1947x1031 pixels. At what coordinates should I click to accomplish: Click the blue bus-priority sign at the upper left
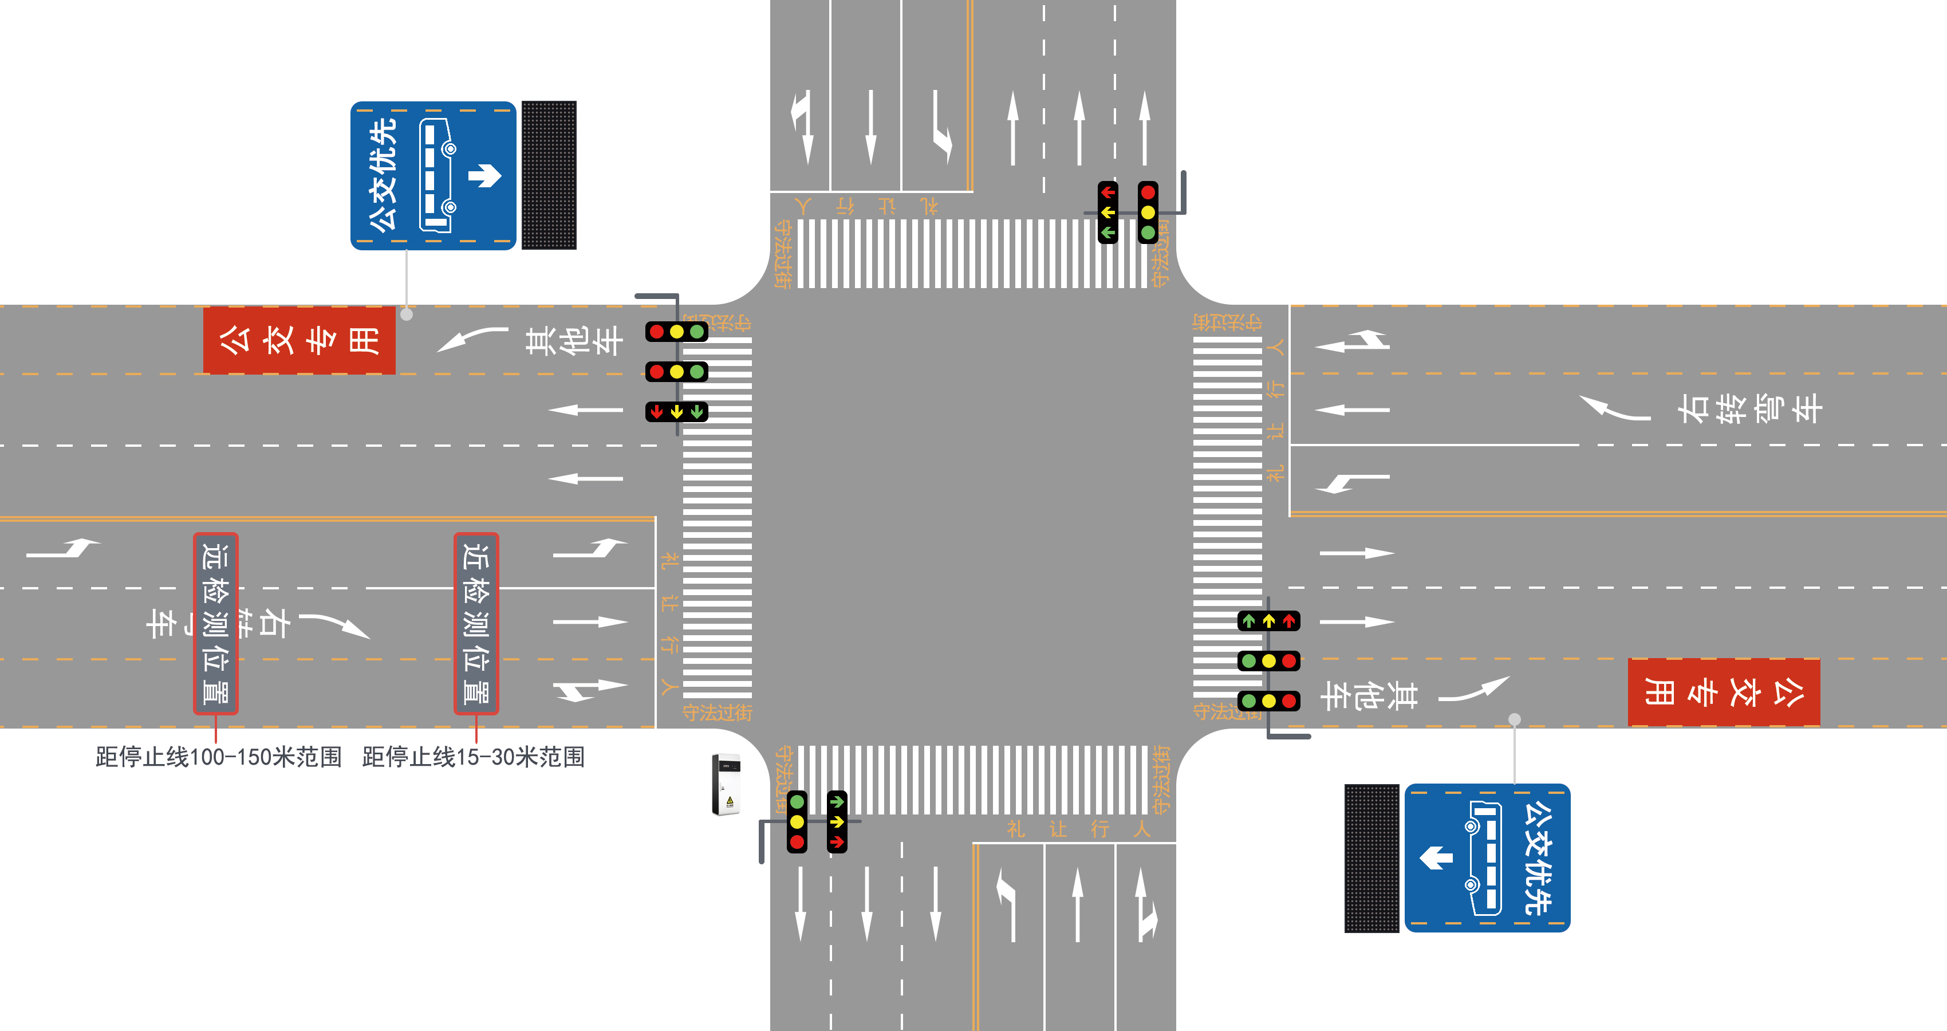point(433,175)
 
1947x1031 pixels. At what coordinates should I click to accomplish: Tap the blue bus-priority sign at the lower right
point(1487,858)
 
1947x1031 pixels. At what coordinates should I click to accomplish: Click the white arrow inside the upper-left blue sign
point(485,175)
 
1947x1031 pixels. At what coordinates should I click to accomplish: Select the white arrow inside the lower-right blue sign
point(1436,858)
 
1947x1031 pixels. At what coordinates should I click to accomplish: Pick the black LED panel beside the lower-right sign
point(1371,858)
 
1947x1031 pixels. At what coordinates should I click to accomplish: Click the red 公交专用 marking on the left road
point(299,340)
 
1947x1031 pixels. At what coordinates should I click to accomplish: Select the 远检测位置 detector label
point(216,624)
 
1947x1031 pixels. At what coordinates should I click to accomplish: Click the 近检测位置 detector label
point(476,624)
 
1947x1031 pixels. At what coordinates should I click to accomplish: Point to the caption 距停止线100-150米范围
point(218,757)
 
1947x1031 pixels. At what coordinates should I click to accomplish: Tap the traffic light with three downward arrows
point(676,412)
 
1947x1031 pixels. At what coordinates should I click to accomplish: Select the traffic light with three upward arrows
point(1268,620)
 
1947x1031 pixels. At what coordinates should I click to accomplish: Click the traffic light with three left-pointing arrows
point(1107,213)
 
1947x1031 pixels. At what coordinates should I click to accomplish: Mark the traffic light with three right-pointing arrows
point(837,821)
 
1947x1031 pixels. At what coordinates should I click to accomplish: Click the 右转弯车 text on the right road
point(1750,409)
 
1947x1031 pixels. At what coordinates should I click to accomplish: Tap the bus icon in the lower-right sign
point(1483,858)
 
